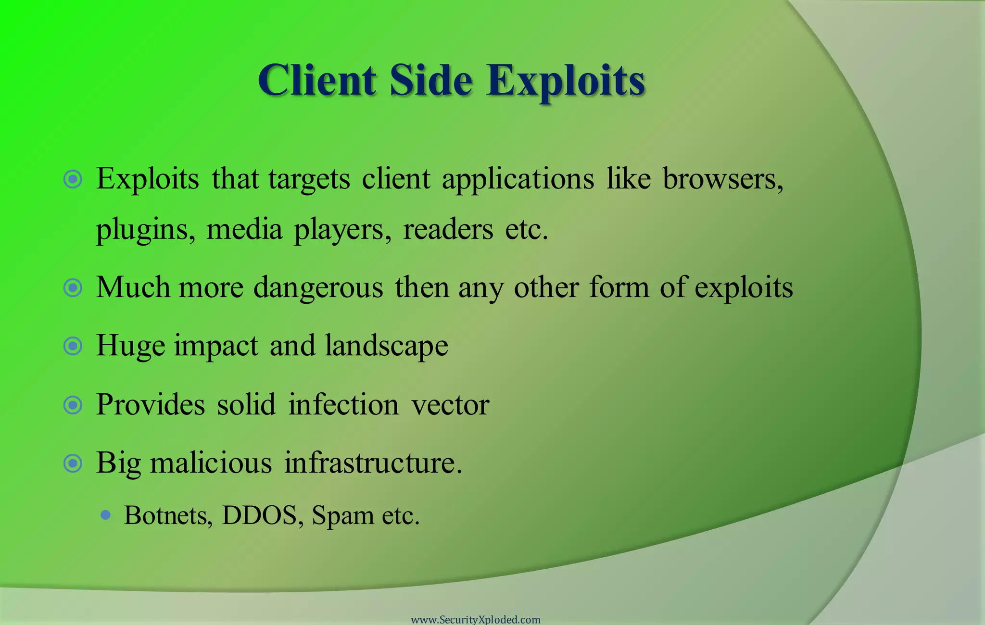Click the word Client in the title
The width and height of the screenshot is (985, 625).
coord(317,80)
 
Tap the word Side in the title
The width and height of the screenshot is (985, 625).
coord(431,80)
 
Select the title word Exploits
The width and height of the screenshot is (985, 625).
coord(565,81)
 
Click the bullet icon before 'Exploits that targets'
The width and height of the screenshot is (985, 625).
coord(73,180)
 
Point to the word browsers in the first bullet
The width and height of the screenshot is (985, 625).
coord(723,179)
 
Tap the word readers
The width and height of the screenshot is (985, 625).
coord(448,229)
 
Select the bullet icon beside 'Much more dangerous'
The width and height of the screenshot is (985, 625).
coord(73,288)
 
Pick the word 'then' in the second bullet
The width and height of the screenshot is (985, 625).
coord(422,287)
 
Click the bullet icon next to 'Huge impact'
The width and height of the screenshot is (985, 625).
coord(73,346)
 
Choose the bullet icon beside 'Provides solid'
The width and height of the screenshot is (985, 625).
coord(73,405)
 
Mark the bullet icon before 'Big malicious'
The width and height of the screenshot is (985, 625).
coord(73,464)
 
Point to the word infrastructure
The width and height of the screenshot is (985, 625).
coord(373,463)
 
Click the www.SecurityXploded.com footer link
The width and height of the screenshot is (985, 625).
coord(476,619)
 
